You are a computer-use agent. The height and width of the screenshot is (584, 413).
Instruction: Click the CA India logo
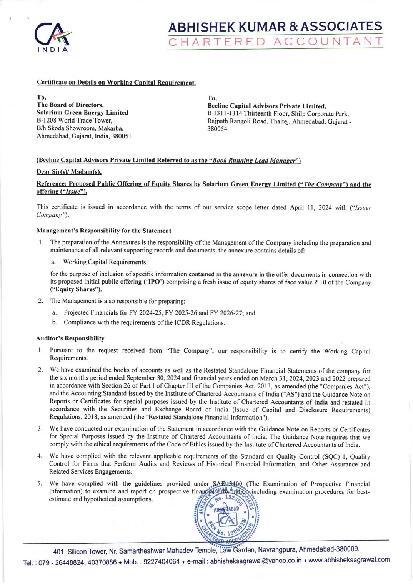53,37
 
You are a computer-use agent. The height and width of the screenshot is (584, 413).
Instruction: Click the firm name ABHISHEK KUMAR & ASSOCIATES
275,27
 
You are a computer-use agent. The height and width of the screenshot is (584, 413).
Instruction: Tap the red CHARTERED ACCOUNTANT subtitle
275,42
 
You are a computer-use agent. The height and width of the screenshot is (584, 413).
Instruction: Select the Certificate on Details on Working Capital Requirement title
116,83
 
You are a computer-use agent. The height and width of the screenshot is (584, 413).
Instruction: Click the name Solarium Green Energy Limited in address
82,113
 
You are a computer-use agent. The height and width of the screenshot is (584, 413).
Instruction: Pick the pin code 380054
217,129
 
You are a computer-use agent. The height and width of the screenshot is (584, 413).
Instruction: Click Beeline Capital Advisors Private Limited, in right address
267,106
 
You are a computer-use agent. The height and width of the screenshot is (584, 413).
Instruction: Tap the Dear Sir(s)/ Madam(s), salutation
69,172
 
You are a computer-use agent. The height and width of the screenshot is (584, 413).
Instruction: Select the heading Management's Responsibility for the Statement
104,231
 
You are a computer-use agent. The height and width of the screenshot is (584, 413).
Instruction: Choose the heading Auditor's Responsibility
70,338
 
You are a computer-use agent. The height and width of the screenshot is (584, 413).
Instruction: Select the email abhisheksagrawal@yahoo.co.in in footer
256,561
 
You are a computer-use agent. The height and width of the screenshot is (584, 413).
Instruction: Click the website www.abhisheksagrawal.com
349,560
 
